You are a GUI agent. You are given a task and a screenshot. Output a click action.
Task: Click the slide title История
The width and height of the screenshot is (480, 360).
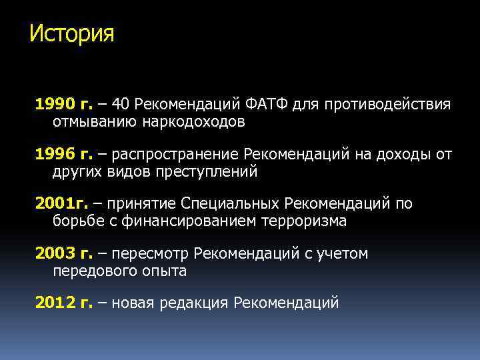click(72, 33)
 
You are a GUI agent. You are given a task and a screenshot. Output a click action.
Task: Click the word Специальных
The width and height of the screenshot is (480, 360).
click(233, 204)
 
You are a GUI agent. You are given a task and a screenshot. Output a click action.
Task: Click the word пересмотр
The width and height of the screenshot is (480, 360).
click(150, 254)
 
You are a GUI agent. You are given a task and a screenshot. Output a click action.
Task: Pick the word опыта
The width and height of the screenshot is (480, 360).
click(165, 271)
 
